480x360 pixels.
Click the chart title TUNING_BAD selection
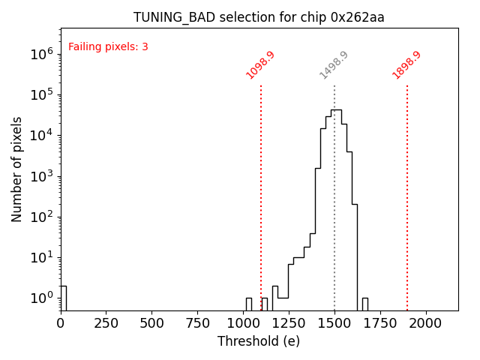pos(259,17)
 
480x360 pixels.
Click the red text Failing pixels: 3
pos(108,46)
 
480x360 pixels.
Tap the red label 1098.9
pos(261,65)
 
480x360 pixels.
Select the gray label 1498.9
pos(334,65)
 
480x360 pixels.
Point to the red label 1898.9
pos(407,65)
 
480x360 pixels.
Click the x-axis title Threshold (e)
pos(259,341)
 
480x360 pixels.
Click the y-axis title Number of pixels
pos(17,169)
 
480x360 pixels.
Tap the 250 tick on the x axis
pos(106,322)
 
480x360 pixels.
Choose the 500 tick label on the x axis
pos(152,322)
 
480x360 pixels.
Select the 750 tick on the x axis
pos(198,322)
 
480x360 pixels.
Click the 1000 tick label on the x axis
pos(244,322)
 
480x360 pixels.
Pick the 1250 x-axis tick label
pos(289,322)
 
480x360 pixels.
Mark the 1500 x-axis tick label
pos(335,322)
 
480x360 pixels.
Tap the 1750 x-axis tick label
pos(381,322)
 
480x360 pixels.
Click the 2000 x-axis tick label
pos(427,322)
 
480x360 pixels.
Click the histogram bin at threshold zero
pos(63,298)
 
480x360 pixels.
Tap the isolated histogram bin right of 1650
pos(365,304)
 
